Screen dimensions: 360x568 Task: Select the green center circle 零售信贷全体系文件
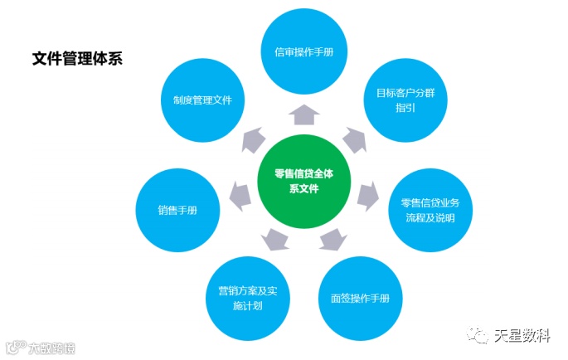304,180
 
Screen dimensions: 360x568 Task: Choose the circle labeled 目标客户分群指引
405,100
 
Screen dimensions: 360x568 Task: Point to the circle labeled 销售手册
177,210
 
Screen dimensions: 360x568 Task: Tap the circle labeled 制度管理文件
202,100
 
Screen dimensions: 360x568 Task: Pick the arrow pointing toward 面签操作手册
333,240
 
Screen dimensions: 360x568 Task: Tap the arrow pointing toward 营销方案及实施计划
274,240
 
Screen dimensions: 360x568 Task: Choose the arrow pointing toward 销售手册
240,196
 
